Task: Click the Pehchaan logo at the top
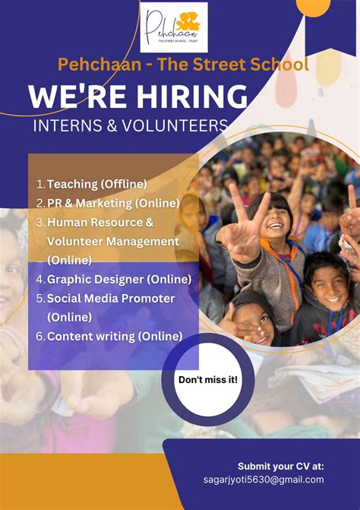[x=174, y=27]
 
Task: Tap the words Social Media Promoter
[x=111, y=298]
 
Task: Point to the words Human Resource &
[x=100, y=222]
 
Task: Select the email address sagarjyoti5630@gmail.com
[x=264, y=480]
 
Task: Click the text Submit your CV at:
[x=281, y=465]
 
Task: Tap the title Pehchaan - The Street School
[x=183, y=64]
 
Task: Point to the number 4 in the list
[x=39, y=279]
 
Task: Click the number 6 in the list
[x=39, y=336]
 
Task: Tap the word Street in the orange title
[x=223, y=64]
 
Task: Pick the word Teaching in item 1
[x=73, y=184]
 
